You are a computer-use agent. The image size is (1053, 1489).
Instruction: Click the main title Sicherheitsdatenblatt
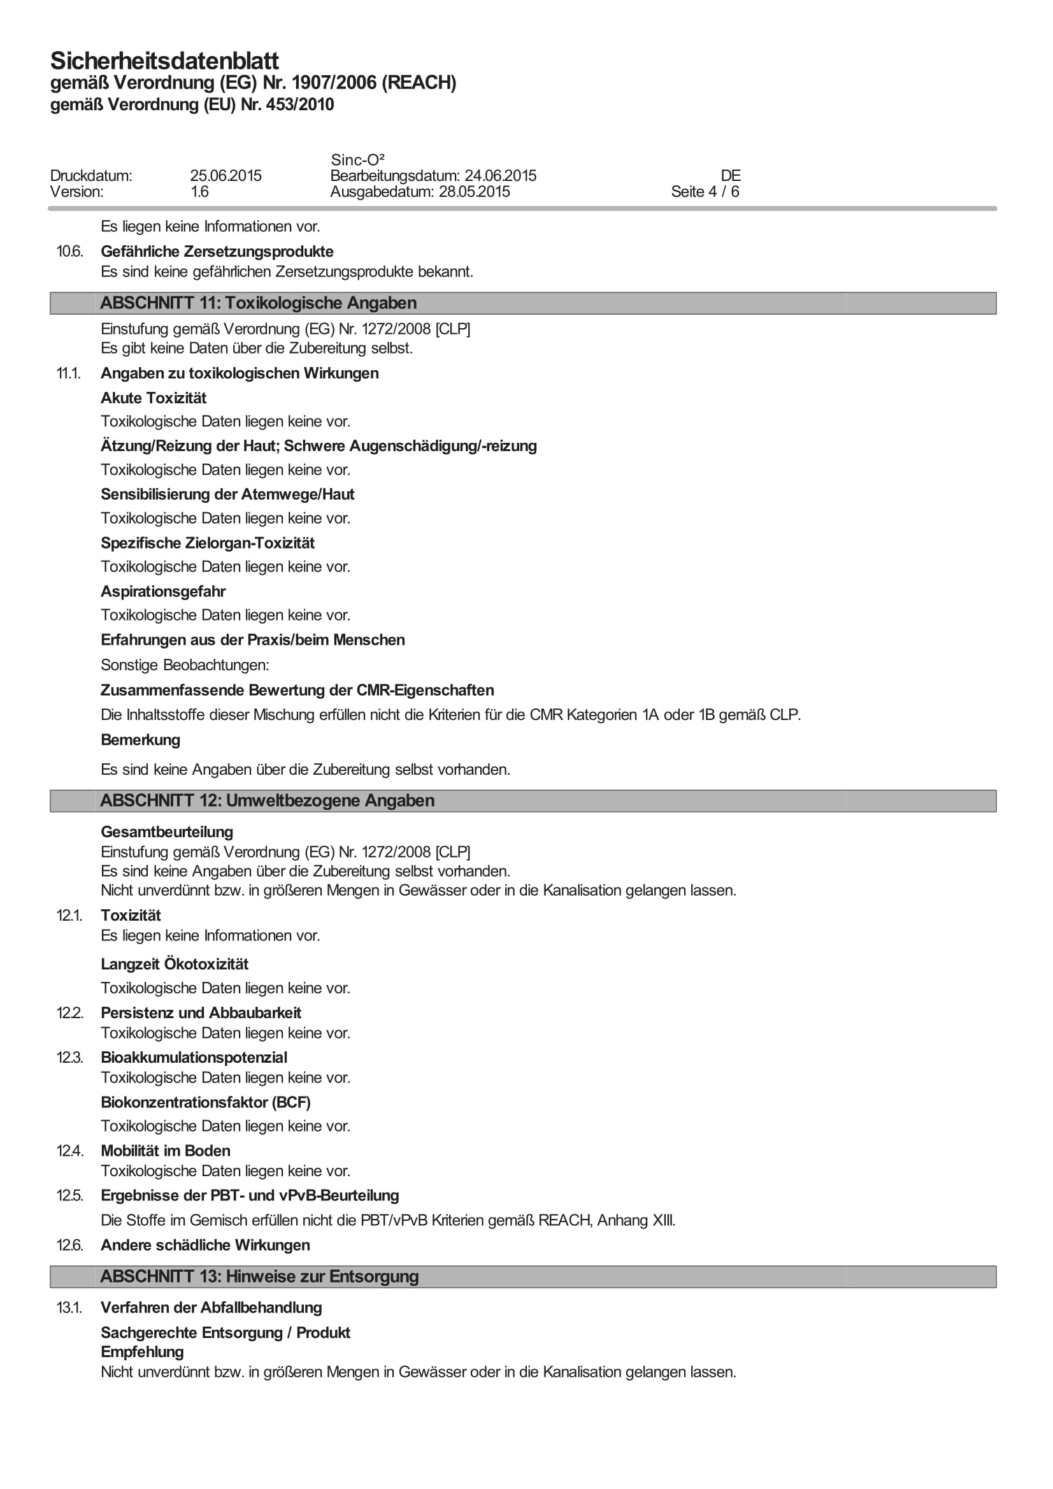[165, 61]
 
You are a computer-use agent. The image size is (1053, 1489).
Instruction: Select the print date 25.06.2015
[226, 176]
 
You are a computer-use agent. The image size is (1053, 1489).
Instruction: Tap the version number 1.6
[200, 192]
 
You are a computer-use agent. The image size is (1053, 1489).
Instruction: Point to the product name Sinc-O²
[357, 159]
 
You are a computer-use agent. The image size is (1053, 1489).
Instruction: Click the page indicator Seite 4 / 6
[705, 192]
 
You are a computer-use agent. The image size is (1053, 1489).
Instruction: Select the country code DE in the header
[731, 176]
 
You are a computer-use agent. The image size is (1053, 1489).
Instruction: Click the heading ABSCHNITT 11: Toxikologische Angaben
[258, 303]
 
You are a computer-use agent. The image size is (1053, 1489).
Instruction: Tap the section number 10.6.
[69, 252]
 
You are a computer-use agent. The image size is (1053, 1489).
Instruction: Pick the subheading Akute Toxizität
[154, 398]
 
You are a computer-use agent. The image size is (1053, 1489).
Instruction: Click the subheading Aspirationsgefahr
[163, 591]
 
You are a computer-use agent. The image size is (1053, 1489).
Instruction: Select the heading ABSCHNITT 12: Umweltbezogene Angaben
[267, 801]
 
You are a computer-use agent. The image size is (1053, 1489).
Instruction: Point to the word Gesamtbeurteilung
[168, 832]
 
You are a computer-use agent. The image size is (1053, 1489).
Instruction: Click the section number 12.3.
[69, 1058]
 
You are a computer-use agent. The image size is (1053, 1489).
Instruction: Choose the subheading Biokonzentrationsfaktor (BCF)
[206, 1102]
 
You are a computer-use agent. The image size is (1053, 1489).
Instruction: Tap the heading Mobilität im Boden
[166, 1151]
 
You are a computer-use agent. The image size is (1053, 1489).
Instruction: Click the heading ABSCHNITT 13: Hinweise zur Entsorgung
[259, 1277]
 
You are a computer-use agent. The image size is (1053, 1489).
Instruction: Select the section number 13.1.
[69, 1308]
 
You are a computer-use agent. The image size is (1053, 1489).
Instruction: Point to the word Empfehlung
[143, 1352]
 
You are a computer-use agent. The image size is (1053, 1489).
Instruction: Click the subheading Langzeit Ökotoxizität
[175, 965]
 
